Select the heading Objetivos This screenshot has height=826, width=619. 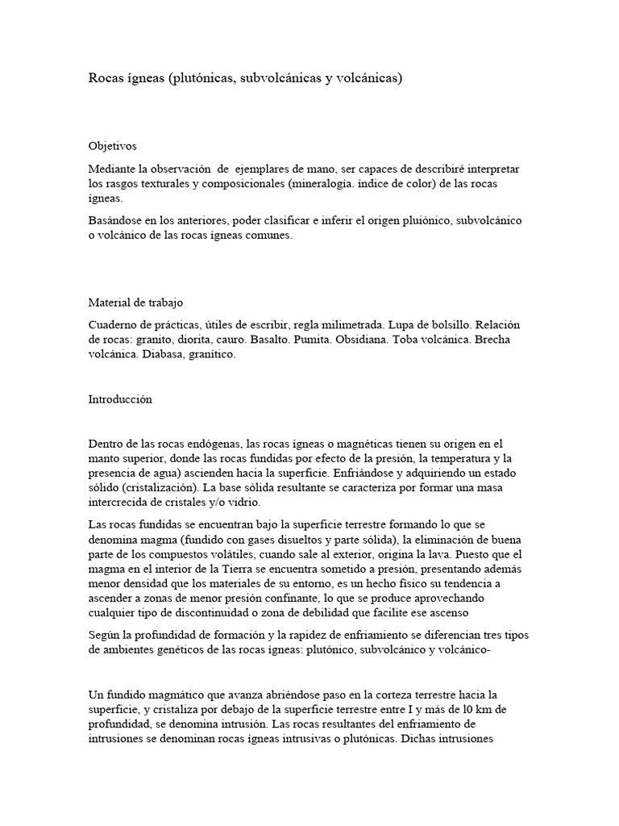tap(112, 146)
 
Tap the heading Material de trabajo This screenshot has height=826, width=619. tap(135, 302)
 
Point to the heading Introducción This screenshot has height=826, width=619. tap(120, 399)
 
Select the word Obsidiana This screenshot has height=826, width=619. tap(363, 340)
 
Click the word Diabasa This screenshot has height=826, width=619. tap(164, 355)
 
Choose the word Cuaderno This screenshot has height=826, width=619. tap(114, 324)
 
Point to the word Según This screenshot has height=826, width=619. tap(105, 636)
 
